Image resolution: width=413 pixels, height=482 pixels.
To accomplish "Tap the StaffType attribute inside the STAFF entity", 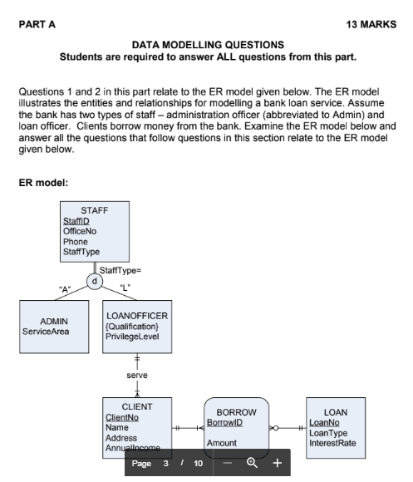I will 81,252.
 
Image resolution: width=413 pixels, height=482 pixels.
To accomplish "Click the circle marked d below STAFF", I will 94,280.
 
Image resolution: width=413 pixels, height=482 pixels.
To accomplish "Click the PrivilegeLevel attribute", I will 135,337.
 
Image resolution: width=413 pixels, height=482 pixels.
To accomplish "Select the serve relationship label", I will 137,376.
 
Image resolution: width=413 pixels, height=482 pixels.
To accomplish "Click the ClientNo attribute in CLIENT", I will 121,417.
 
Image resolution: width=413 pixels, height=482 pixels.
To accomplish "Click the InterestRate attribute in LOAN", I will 332,443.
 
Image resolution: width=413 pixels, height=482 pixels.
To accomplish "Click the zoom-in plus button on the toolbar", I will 277,463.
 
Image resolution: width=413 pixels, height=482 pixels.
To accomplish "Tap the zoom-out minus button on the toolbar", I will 226,463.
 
